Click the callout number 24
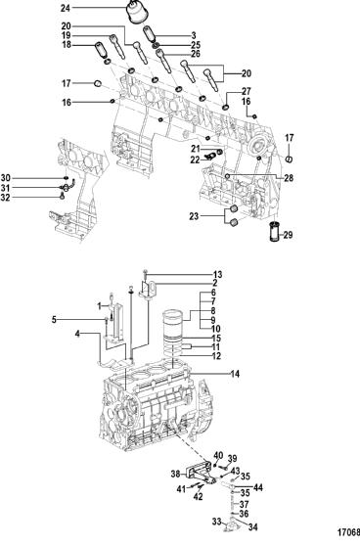click(x=66, y=8)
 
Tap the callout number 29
click(x=288, y=235)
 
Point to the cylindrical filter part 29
click(x=275, y=231)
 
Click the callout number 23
click(x=194, y=216)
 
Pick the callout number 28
click(x=289, y=178)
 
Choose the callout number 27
click(x=247, y=92)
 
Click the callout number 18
click(x=67, y=45)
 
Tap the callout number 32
click(x=5, y=198)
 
